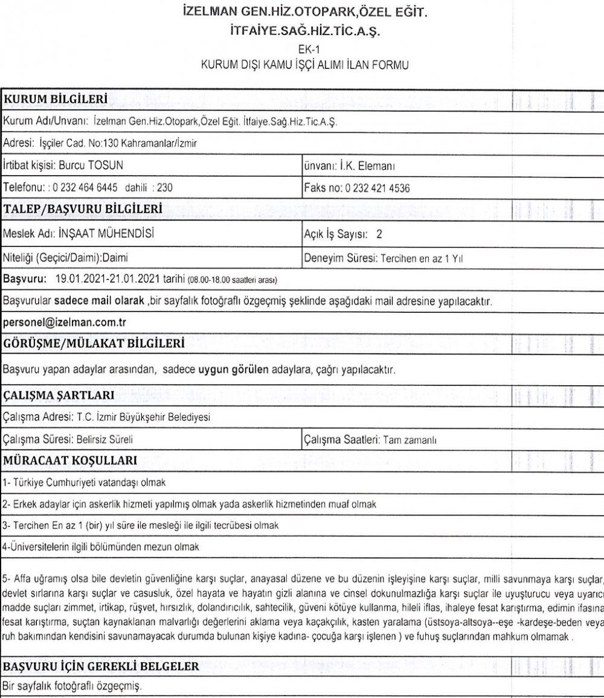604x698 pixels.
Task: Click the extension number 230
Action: (165, 187)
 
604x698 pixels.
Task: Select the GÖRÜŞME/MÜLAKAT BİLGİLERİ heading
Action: (85, 345)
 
